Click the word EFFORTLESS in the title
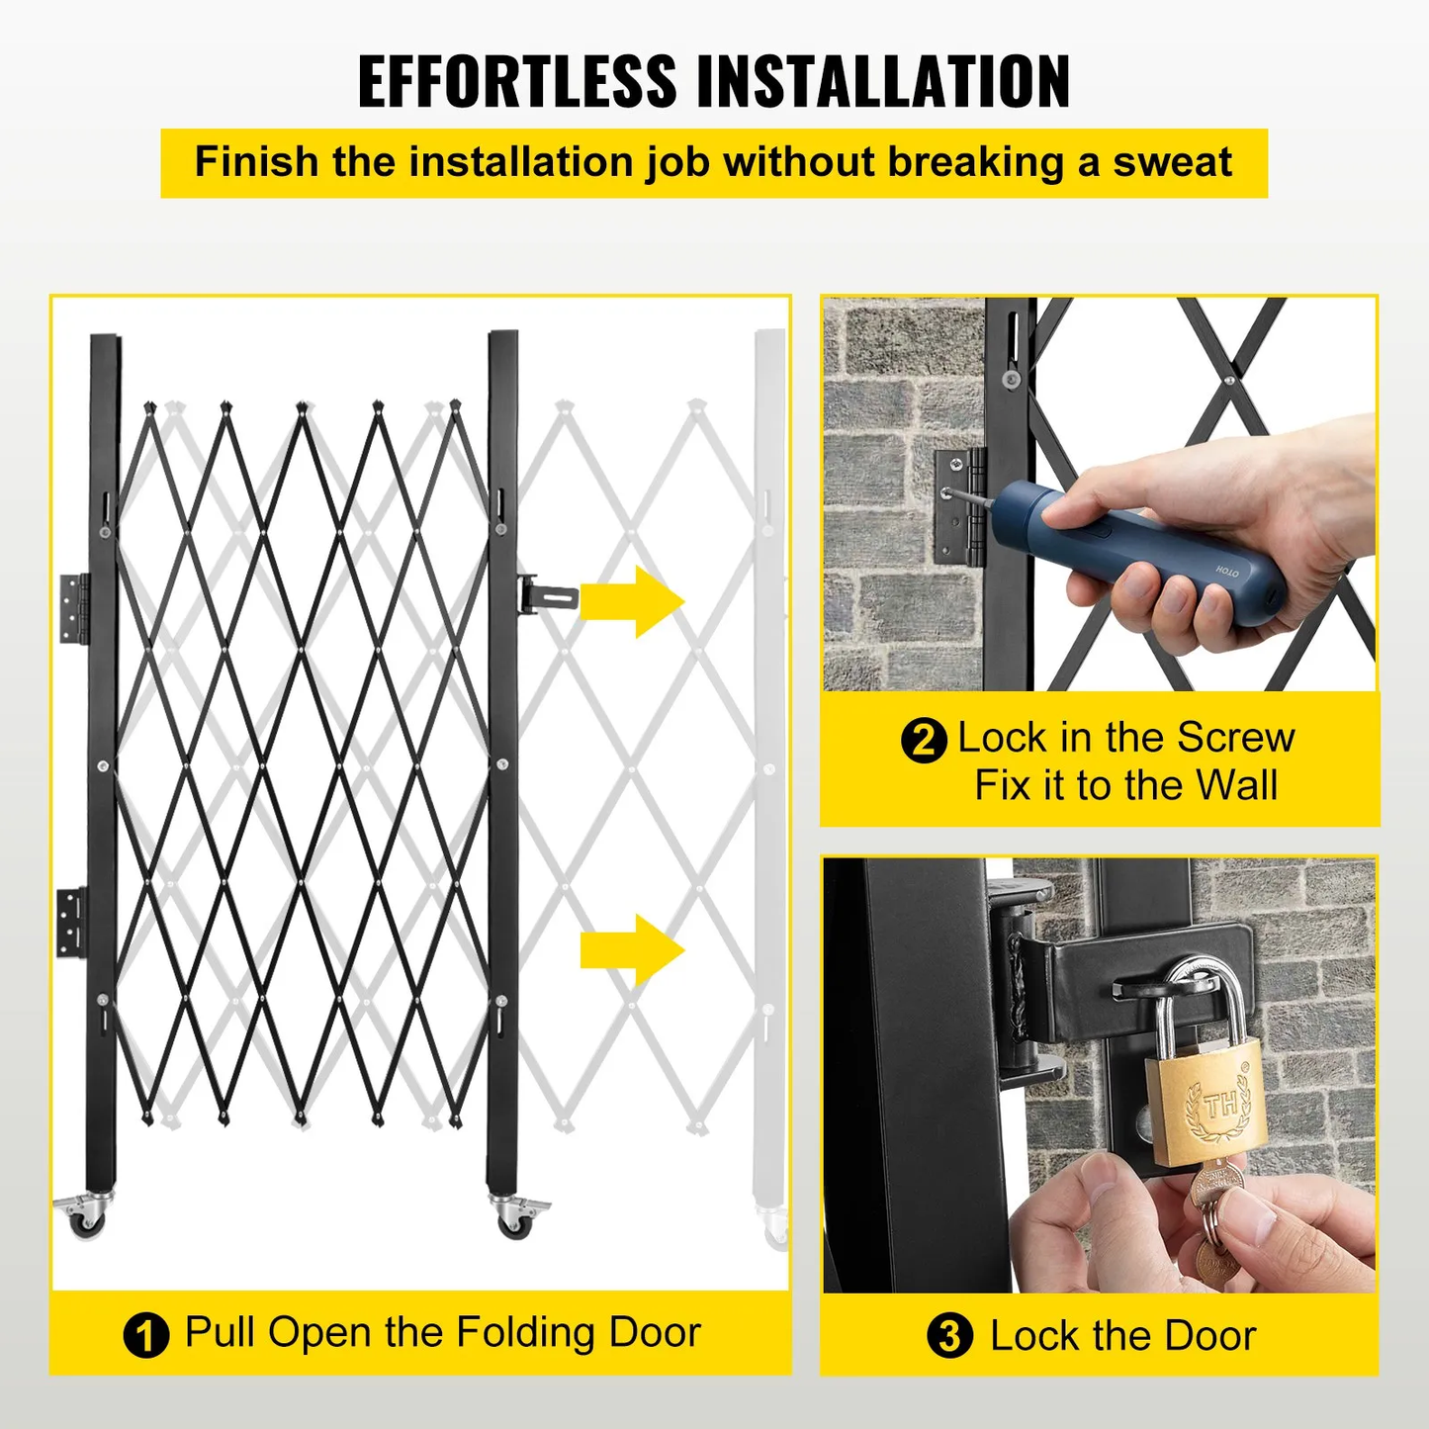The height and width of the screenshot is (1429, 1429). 516,81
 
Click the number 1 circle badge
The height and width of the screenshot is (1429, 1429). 145,1335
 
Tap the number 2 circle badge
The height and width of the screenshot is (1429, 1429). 924,740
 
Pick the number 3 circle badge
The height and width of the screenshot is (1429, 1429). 949,1336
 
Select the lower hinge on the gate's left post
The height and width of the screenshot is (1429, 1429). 71,921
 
